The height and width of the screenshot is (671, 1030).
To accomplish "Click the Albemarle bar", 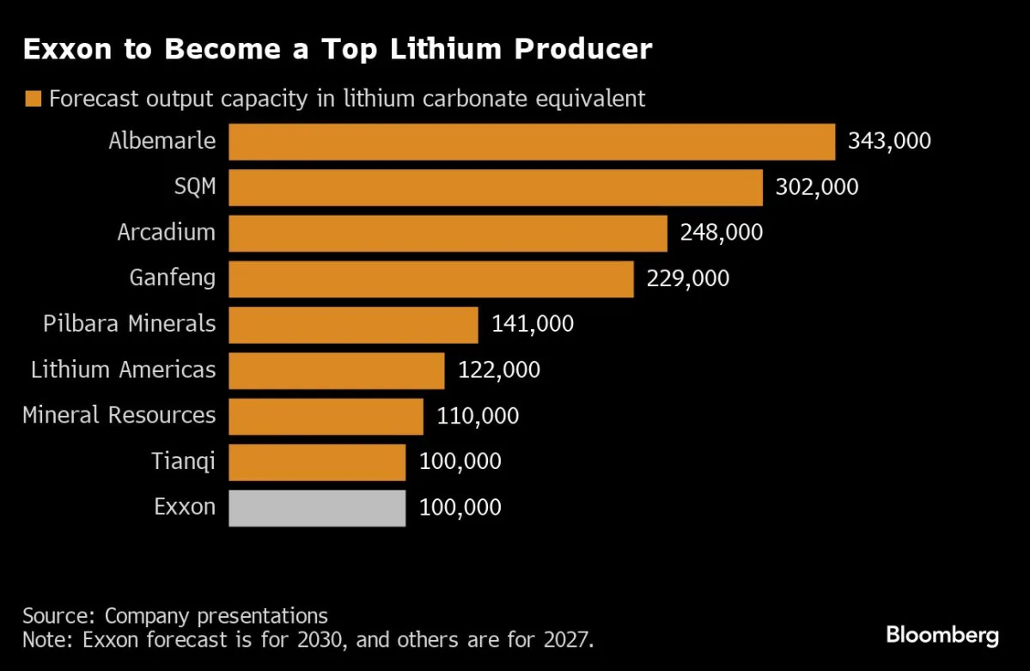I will click(531, 142).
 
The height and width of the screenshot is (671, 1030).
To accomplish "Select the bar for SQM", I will click(495, 187).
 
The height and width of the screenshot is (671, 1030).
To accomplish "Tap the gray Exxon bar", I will click(316, 508).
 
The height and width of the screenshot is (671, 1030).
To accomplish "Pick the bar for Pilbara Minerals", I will click(353, 325).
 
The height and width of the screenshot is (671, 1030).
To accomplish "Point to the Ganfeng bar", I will click(430, 279).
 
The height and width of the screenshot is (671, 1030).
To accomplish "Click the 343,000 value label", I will click(889, 142).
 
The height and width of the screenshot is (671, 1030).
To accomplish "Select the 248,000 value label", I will click(721, 233).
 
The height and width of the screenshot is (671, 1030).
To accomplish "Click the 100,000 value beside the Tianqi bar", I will click(460, 462).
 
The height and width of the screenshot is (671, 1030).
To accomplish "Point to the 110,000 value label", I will click(478, 417).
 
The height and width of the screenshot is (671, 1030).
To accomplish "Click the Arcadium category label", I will click(167, 232).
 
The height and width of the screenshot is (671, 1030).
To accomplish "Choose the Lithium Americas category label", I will click(123, 370).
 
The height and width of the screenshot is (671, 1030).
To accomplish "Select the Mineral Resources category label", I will click(119, 416).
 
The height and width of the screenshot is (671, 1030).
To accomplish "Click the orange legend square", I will click(34, 99).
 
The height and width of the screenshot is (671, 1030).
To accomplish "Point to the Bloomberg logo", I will click(942, 636).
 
